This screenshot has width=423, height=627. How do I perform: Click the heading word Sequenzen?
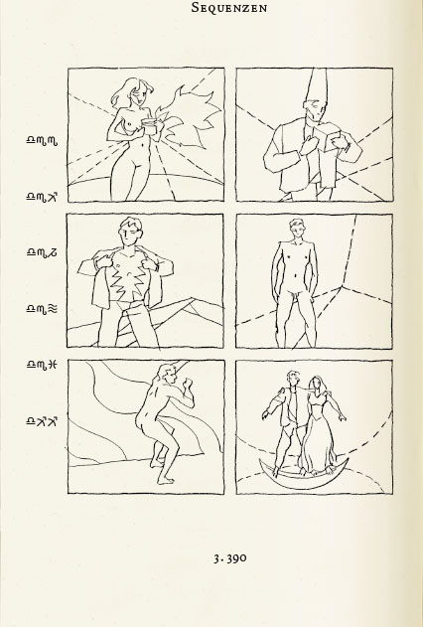tap(229, 7)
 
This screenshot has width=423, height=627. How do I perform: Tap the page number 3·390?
tap(230, 558)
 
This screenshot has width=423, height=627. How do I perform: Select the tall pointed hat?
tap(318, 87)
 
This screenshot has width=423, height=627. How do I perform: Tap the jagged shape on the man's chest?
tap(127, 277)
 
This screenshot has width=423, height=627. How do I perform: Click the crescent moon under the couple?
tap(304, 475)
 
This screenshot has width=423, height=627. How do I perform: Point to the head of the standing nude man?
tap(297, 229)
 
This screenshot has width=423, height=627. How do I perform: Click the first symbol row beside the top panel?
tap(42, 140)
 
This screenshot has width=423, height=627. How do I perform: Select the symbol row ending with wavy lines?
tap(42, 309)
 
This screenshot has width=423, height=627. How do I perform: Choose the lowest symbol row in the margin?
tap(42, 421)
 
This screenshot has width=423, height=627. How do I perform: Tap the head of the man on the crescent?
tap(293, 379)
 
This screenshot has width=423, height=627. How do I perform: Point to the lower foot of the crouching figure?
tap(166, 480)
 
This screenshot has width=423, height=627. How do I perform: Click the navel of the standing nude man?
tap(295, 275)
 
